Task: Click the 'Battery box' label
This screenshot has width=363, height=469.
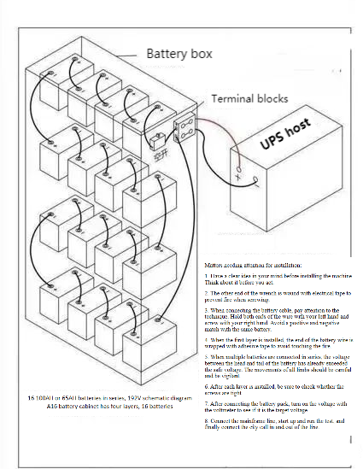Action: click(x=179, y=54)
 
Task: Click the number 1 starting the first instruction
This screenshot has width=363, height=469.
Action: click(x=207, y=278)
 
